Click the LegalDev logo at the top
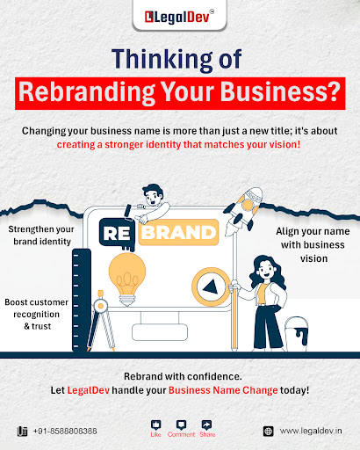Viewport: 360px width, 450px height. coord(179,17)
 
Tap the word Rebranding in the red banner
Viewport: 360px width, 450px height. coord(87,92)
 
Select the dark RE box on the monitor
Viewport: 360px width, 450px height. coord(117,234)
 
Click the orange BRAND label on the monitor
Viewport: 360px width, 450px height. coord(178,232)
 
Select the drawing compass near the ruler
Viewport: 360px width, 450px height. coord(101,321)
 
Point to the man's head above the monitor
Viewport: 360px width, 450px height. coord(153,194)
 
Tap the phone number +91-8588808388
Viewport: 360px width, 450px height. coord(65,431)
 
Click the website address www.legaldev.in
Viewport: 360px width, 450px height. coord(311,431)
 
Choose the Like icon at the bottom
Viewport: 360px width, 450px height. coord(155,425)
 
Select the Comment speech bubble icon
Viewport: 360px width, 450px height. coord(181,425)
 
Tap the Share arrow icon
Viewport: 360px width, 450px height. coord(207,425)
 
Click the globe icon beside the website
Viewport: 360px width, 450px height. coord(268,431)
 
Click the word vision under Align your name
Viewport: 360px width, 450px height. coord(313,258)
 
